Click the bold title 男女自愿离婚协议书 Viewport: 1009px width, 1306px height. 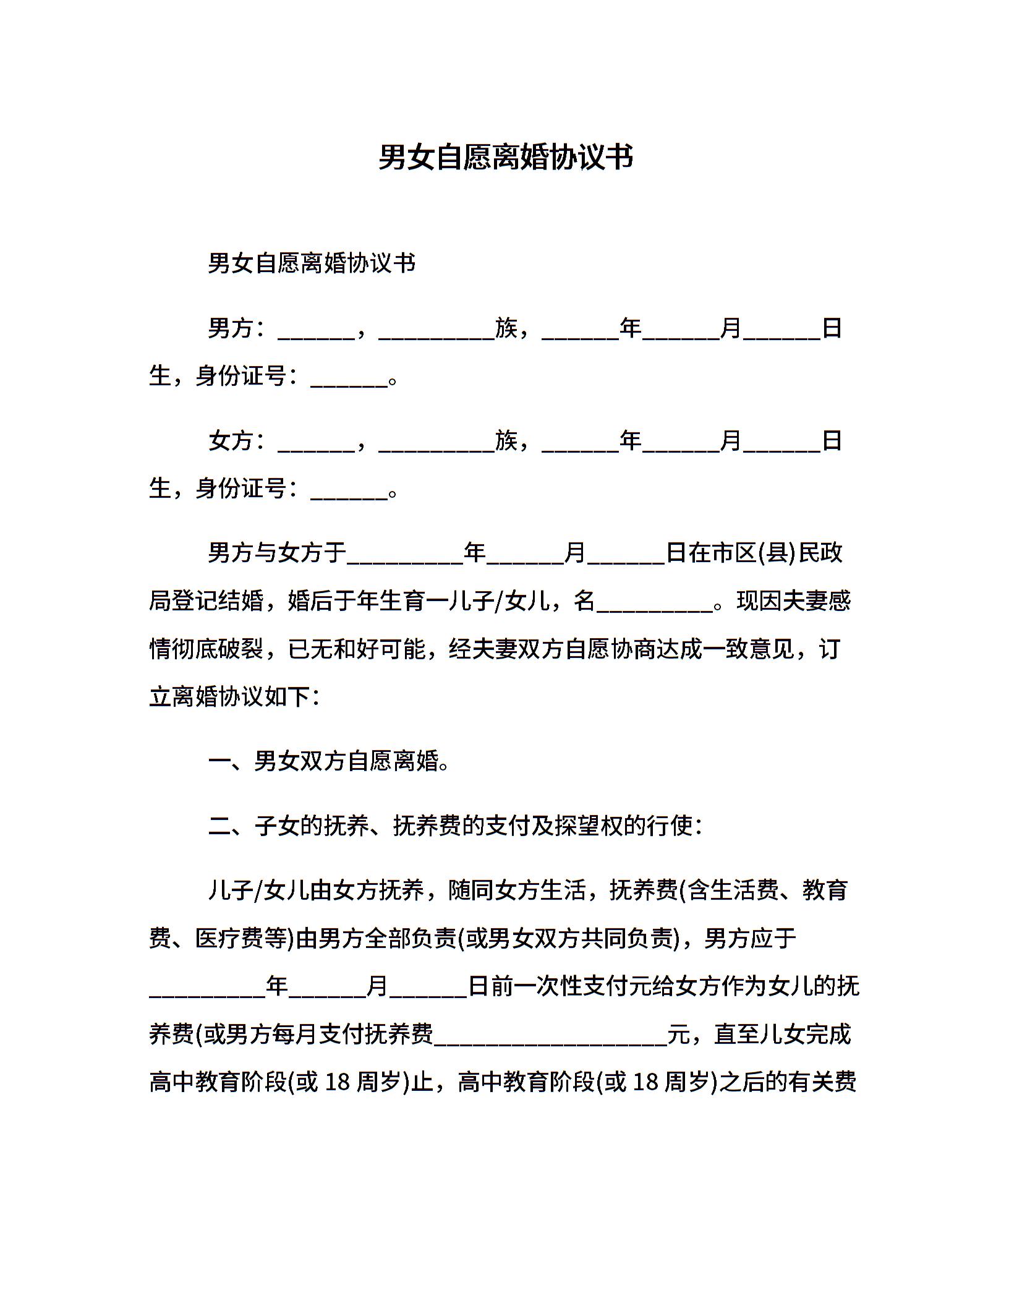tap(505, 157)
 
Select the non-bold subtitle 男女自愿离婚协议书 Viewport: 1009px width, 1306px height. tap(312, 263)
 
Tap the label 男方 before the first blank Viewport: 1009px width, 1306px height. tap(231, 328)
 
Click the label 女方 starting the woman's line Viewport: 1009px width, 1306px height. tap(231, 441)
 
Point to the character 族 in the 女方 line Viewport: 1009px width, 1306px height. tap(506, 441)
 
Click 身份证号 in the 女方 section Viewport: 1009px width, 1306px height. tap(241, 489)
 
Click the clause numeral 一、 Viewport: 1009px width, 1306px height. tap(230, 762)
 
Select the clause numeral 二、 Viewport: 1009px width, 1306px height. tap(230, 826)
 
